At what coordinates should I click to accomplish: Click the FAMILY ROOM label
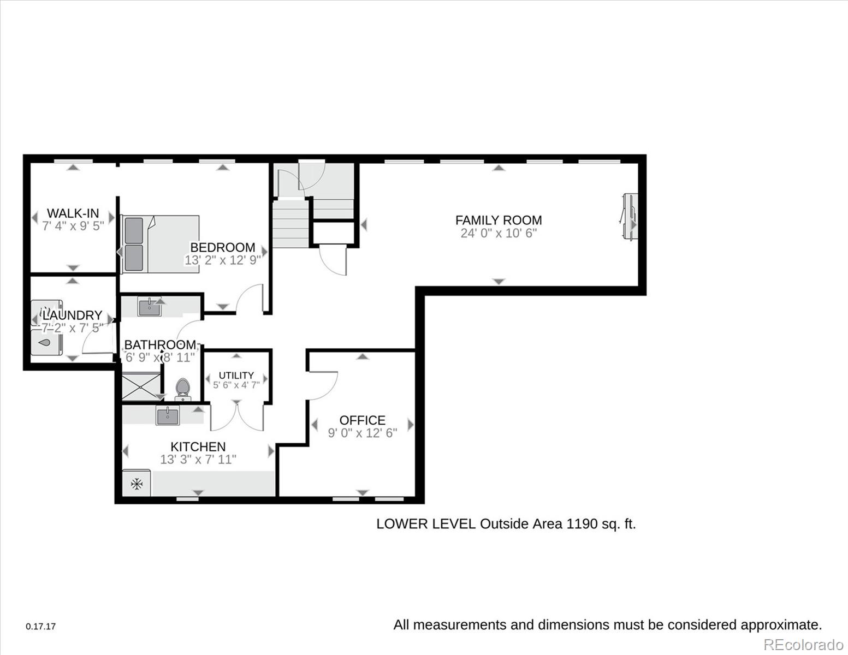[x=499, y=221]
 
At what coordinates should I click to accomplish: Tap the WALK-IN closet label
[x=73, y=213]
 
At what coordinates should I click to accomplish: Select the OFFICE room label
[x=362, y=420]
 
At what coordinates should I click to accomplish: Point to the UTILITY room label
[x=236, y=376]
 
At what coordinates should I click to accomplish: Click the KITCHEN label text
[x=198, y=446]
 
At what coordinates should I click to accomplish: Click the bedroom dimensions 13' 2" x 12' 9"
[x=222, y=260]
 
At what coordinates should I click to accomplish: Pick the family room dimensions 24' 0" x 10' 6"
[x=499, y=233]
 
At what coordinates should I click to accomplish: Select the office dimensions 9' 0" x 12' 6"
[x=362, y=433]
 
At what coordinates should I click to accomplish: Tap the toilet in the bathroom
[x=182, y=389]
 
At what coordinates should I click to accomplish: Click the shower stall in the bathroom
[x=141, y=386]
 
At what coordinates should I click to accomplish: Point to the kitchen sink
[x=168, y=416]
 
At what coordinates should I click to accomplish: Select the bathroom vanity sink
[x=149, y=307]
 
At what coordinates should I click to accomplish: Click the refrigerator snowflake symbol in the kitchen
[x=137, y=484]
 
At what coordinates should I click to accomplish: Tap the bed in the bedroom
[x=160, y=244]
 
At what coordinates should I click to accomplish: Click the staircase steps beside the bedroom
[x=290, y=224]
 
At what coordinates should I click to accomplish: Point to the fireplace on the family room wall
[x=630, y=217]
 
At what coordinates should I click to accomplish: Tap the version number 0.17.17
[x=40, y=627]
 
